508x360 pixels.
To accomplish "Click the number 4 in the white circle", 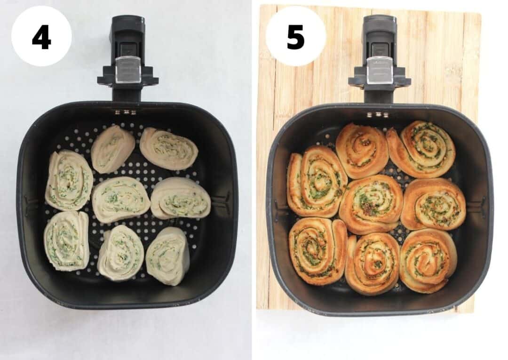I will click(41, 37).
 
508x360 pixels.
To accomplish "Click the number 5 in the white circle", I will click(295, 37).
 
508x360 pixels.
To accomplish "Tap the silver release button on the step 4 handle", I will click(128, 70).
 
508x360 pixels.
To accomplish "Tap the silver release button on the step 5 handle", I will click(379, 70).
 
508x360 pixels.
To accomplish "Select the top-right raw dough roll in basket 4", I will click(169, 148).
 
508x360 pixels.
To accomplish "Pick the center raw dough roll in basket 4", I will click(121, 199).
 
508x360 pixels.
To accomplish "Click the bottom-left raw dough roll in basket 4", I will click(67, 240).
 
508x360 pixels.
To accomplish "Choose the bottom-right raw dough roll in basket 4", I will click(168, 256).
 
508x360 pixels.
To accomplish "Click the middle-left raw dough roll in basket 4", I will click(69, 180).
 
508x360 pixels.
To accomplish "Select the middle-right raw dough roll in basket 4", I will click(181, 198).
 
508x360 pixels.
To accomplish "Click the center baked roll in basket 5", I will click(371, 203).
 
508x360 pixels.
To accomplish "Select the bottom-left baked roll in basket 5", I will click(317, 250).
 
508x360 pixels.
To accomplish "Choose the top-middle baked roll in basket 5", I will click(362, 150).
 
